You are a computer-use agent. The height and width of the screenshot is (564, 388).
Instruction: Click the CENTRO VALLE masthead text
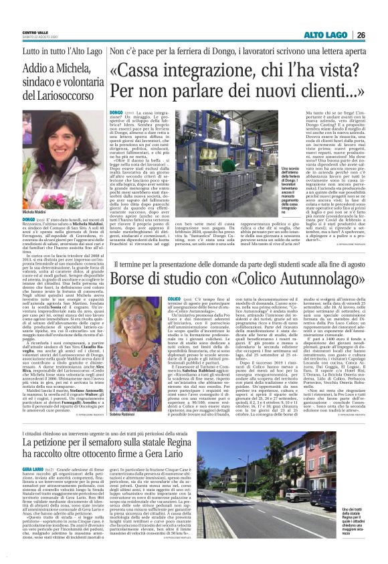(x=32, y=30)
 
